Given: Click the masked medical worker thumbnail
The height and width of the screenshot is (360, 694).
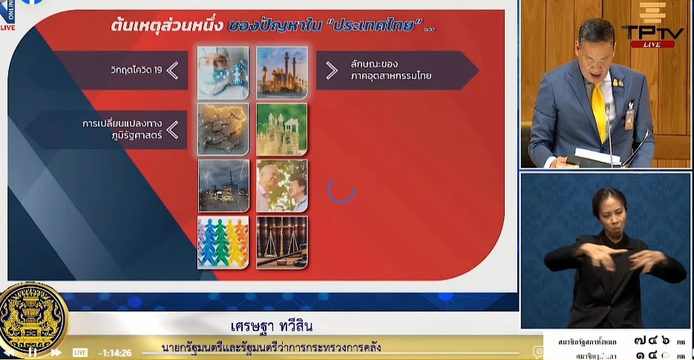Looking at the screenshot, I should tap(223, 73).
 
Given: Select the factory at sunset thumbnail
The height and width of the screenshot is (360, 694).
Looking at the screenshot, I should tap(282, 73).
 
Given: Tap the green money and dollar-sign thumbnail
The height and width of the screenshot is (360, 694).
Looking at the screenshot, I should tap(282, 129).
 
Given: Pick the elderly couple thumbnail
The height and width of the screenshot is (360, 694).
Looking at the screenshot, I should tap(282, 186).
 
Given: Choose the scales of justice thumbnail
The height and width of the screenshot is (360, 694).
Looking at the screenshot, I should tap(282, 242).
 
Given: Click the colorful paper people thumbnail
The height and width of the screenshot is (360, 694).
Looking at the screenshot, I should tap(223, 242).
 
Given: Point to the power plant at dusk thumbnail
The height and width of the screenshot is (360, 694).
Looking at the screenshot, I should tap(223, 186).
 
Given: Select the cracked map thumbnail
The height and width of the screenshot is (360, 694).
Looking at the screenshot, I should tap(223, 129).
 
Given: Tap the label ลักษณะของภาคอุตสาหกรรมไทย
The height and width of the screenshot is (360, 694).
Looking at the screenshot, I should tap(391, 70).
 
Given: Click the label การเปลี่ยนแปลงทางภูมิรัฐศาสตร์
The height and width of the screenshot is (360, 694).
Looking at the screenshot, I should tap(122, 129).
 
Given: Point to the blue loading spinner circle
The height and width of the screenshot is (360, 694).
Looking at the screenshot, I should tap(341, 190).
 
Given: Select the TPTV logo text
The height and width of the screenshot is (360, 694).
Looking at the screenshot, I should tap(652, 33).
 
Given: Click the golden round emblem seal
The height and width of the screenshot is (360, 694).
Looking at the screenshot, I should tap(33, 319).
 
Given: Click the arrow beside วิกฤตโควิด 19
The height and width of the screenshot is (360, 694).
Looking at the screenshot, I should tap(172, 71).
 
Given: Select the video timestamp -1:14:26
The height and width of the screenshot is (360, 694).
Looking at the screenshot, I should tap(115, 353).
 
